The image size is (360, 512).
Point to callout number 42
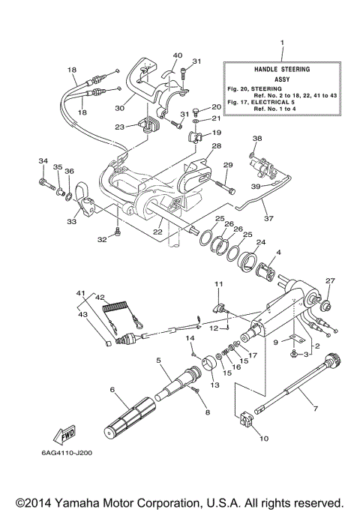[x=100, y=297]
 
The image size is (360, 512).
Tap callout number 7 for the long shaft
[x=316, y=409]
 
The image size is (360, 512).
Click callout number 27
[x=328, y=281]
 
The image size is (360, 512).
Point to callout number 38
[x=258, y=139]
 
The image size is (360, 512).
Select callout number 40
[x=178, y=55]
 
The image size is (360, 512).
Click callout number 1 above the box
[x=281, y=44]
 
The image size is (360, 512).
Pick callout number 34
[x=42, y=161]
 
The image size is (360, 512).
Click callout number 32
[x=103, y=240]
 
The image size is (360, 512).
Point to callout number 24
[x=260, y=242]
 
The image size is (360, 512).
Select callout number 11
[x=218, y=283]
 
